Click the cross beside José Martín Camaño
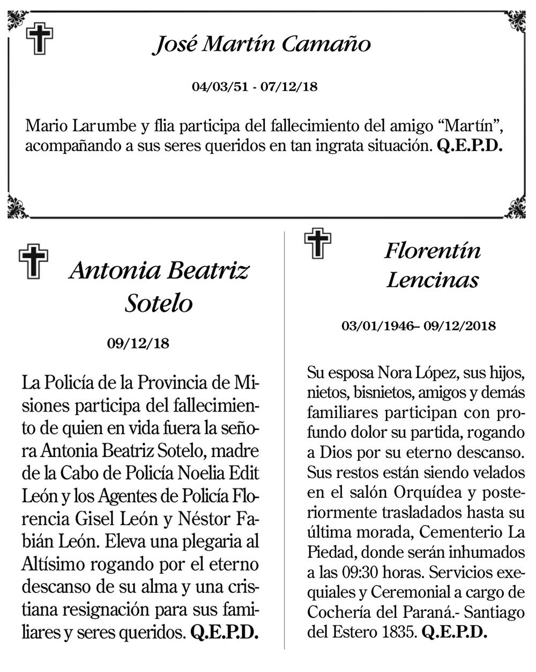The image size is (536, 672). click(40, 39)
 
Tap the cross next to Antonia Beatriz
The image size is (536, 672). click(33, 262)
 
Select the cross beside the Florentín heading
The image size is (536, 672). click(317, 244)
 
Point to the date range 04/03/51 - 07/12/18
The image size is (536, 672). click(255, 86)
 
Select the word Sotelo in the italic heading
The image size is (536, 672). click(159, 303)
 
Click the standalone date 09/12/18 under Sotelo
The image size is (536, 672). click(138, 343)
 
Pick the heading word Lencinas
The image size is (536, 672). click(433, 280)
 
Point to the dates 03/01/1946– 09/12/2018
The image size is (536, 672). click(419, 326)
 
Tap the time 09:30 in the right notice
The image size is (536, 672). click(360, 572)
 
